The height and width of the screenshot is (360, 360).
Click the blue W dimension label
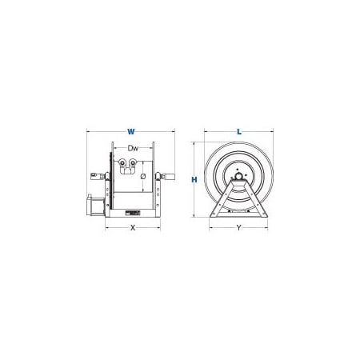click(x=130, y=131)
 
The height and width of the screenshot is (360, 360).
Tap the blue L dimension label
click(x=239, y=131)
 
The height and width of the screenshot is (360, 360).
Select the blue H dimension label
click(x=194, y=180)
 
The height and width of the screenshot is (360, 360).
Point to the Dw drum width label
click(x=133, y=148)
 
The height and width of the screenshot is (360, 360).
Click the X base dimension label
click(x=133, y=228)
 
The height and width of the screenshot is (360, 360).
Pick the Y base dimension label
click(x=239, y=228)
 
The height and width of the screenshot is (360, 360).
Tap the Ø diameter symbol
click(x=143, y=176)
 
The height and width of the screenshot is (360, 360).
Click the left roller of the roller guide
click(x=123, y=162)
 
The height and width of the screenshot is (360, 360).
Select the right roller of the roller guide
click(x=133, y=162)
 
